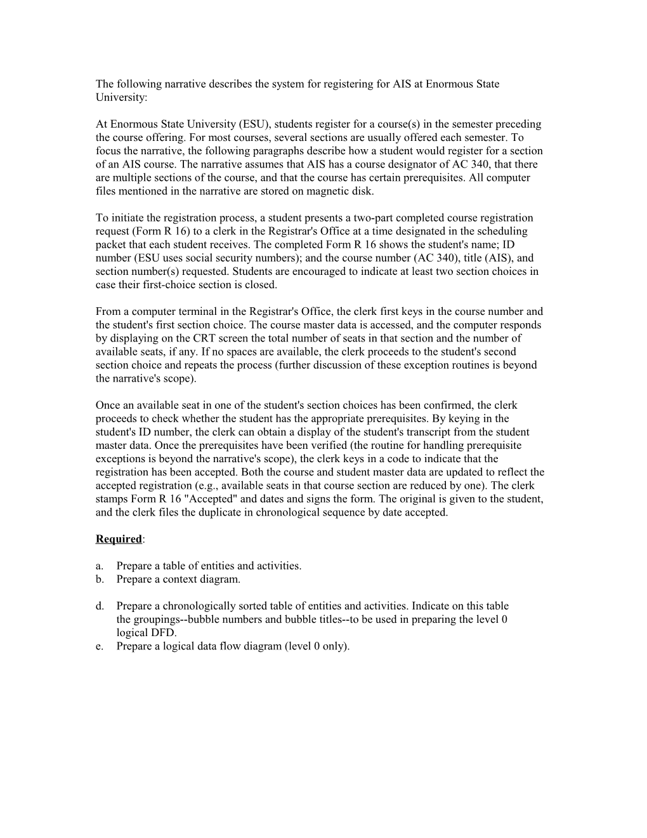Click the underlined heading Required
pyautogui.click(x=119, y=539)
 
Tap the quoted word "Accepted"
pyautogui.click(x=175, y=499)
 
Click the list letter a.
pyautogui.click(x=99, y=566)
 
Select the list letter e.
pyautogui.click(x=99, y=646)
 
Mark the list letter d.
pyautogui.click(x=99, y=606)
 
